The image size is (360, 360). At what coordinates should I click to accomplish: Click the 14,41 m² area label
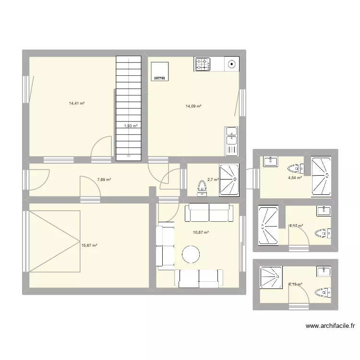point(77,103)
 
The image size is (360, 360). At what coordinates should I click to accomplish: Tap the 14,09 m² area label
point(193,107)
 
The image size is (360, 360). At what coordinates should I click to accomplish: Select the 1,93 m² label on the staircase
point(131,126)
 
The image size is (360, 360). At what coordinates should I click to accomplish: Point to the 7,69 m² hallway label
point(104,180)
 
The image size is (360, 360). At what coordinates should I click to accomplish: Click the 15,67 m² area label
point(89,245)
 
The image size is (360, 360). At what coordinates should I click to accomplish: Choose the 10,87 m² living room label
point(201,232)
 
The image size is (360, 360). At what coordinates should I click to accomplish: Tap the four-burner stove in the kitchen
point(203,64)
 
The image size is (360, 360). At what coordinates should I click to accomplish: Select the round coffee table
point(190,254)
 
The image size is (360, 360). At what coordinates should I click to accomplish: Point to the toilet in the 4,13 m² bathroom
point(323,292)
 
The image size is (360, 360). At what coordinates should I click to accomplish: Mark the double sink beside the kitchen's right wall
point(231,141)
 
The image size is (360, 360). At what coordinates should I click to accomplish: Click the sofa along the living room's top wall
point(209,212)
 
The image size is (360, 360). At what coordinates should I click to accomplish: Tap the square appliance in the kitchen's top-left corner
point(160,71)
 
